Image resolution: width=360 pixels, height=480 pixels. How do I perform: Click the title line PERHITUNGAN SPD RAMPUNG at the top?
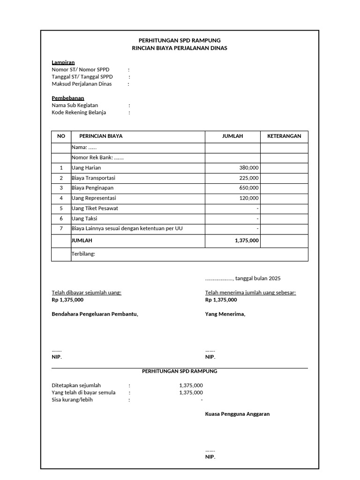(180, 40)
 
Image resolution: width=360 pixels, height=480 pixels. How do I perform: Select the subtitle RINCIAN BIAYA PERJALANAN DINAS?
(180, 48)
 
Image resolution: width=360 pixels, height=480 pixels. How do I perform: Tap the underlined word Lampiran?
(63, 62)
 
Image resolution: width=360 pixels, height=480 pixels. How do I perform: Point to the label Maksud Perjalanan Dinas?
(82, 84)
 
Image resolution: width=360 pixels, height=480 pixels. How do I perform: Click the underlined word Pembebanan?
(67, 98)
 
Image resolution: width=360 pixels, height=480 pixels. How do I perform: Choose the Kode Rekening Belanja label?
(79, 112)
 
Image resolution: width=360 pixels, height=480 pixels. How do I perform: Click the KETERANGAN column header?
(284, 136)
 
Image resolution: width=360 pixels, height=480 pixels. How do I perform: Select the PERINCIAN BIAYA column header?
(101, 136)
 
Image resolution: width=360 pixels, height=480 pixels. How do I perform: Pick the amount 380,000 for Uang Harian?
(248, 168)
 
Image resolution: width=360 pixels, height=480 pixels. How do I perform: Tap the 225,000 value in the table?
(248, 178)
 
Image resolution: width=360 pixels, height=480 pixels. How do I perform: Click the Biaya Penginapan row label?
(93, 188)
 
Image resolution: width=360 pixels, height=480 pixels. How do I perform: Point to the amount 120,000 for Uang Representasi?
(248, 198)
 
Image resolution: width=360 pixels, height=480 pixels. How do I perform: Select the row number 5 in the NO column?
(61, 208)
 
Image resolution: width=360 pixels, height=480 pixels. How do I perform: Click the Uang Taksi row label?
(84, 218)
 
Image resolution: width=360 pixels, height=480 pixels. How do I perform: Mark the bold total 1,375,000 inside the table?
(247, 240)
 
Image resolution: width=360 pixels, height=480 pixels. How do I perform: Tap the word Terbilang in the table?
(83, 254)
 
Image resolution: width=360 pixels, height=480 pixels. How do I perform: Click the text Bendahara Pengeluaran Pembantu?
(95, 314)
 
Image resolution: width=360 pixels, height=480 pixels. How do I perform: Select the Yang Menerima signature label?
(225, 314)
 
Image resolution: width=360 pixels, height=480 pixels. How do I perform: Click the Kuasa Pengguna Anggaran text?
(237, 414)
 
